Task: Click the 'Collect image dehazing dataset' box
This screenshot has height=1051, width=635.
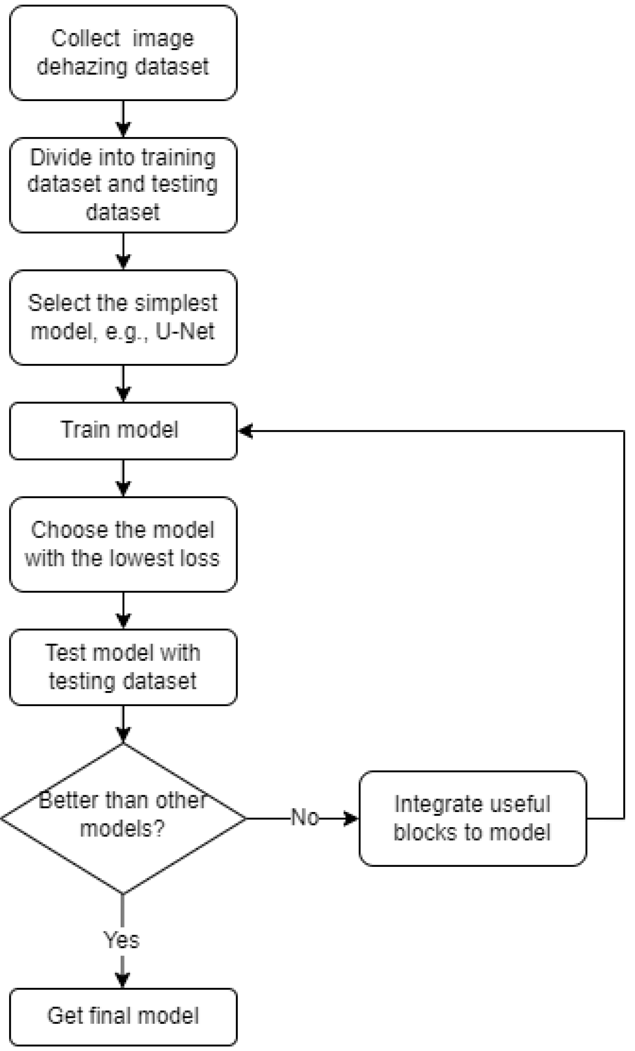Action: pos(123,53)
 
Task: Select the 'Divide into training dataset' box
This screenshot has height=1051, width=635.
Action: pos(123,185)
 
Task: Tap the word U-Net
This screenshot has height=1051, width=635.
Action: pos(185,332)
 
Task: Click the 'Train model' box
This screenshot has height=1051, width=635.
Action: pos(123,430)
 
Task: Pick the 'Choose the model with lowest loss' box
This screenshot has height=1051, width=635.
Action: pos(123,544)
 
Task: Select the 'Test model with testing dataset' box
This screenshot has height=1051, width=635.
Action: pos(123,667)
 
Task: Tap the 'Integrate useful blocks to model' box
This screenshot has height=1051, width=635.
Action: pos(472,818)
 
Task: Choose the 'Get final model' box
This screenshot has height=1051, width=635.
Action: pos(123,1016)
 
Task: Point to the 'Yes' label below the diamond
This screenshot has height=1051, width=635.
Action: pos(122,940)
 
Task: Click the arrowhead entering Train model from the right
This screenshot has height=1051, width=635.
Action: pos(246,431)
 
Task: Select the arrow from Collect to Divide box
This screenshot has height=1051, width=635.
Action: pos(124,119)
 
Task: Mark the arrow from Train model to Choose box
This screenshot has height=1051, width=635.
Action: pos(124,478)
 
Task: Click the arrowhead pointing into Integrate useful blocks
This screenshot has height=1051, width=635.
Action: pos(351,818)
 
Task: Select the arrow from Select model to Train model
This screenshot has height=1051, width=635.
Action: pos(124,384)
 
